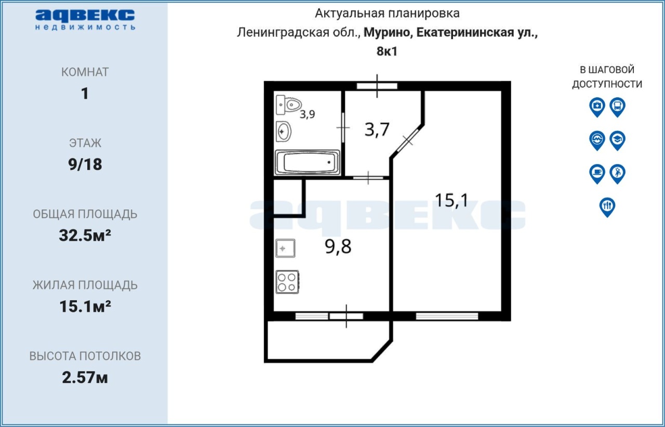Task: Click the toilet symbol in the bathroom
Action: point(288,104)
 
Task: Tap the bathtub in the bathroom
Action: point(307,163)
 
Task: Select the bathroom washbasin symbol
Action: point(284,131)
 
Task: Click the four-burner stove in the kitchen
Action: point(287,282)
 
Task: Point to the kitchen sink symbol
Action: point(285,248)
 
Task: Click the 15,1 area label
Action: point(451,200)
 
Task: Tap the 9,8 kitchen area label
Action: point(338,246)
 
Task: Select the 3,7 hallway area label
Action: point(377,129)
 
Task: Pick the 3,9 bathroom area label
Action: point(307,114)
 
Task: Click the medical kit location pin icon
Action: point(597,107)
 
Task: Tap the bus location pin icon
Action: point(618,107)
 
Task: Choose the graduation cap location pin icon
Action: point(618,140)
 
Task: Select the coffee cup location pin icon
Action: point(597,174)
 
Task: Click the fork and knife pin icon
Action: point(607,207)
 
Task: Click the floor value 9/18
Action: point(85,164)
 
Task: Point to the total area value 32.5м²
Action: point(85,235)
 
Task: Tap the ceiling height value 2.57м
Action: point(85,378)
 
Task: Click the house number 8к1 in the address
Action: point(387,51)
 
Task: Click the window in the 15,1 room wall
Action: point(447,316)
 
